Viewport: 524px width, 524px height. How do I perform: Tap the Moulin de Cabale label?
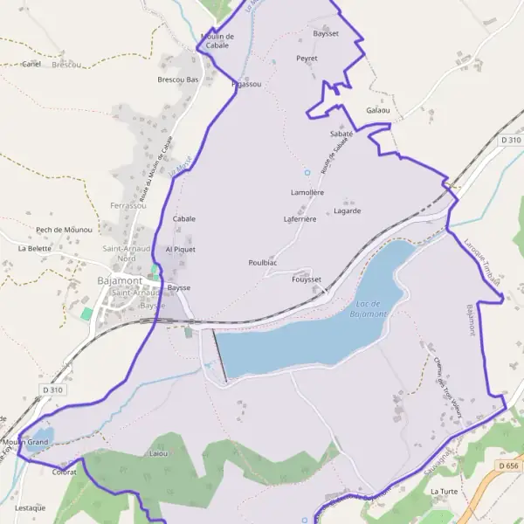click(217, 40)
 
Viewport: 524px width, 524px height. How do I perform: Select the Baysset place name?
click(325, 33)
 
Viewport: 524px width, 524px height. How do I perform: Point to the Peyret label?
click(307, 59)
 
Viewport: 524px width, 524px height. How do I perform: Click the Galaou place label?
click(378, 111)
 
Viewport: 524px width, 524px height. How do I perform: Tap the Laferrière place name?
click(300, 219)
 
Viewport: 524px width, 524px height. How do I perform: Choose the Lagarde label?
click(347, 210)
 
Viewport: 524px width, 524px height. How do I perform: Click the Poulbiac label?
click(262, 263)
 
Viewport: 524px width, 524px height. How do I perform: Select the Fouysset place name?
click(307, 279)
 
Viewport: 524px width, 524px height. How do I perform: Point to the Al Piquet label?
click(180, 249)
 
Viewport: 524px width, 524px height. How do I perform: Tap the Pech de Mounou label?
click(64, 230)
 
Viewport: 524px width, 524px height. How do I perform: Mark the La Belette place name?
click(35, 248)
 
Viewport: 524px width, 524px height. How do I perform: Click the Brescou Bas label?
click(178, 79)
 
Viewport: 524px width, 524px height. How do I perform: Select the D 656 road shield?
click(509, 467)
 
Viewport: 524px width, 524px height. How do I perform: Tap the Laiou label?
click(158, 455)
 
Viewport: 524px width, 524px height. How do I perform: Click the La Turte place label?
click(444, 492)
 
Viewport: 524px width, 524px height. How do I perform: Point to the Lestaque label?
click(30, 507)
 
